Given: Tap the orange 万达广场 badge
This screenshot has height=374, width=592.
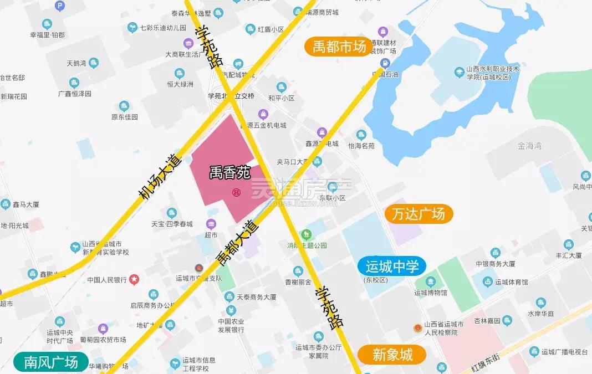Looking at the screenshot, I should pyautogui.click(x=419, y=214).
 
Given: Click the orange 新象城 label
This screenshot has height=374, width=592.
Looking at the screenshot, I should pyautogui.click(x=392, y=355).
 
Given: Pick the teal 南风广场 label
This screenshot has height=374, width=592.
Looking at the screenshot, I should pyautogui.click(x=51, y=362).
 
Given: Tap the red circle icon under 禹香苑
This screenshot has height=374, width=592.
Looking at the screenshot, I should pyautogui.click(x=236, y=192).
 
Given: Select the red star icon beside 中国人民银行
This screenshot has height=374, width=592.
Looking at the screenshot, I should pyautogui.click(x=134, y=280).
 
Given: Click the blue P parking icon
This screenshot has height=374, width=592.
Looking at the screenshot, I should pyautogui.click(x=59, y=7).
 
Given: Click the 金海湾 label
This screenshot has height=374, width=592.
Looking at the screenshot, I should pyautogui.click(x=529, y=146).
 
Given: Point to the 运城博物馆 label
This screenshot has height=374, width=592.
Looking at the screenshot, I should pyautogui.click(x=431, y=293).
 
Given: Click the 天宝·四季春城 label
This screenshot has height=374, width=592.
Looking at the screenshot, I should pyautogui.click(x=172, y=224).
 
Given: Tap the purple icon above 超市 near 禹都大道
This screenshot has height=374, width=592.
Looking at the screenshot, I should pyautogui.click(x=211, y=224).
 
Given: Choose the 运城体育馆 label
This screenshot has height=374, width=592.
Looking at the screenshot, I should pyautogui.click(x=511, y=282).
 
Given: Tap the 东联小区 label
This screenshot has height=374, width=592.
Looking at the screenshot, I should pyautogui.click(x=332, y=198).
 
